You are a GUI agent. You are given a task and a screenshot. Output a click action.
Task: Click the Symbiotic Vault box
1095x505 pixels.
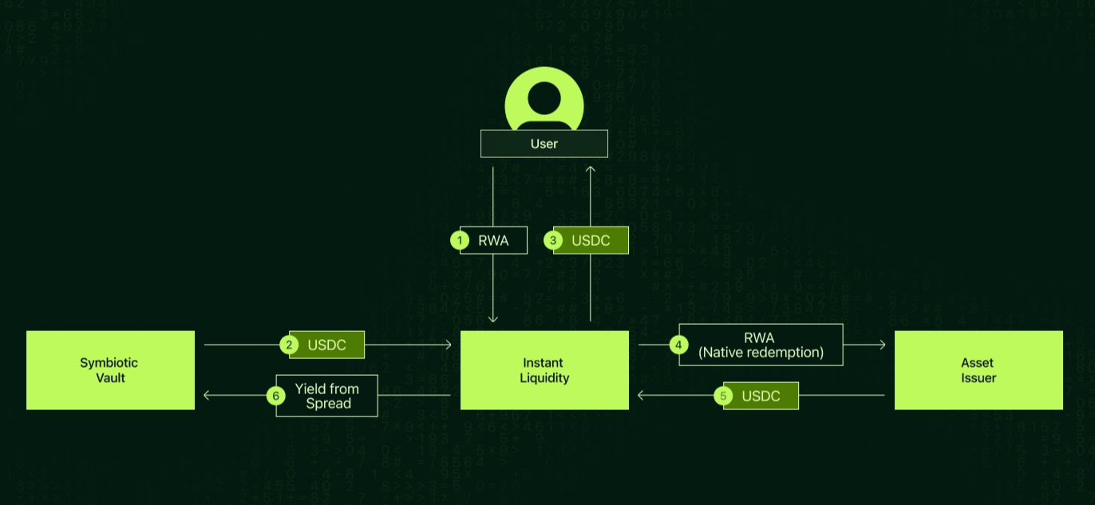(110, 370)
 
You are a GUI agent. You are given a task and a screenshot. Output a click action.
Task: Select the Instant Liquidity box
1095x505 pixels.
(544, 370)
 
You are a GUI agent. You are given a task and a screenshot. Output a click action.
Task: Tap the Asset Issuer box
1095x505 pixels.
(978, 370)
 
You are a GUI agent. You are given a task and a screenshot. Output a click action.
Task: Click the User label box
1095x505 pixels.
(544, 144)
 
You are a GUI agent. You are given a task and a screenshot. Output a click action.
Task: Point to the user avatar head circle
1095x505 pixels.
(544, 99)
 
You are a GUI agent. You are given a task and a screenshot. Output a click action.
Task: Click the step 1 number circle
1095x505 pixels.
(460, 240)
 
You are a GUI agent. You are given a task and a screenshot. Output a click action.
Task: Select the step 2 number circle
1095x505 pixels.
(289, 345)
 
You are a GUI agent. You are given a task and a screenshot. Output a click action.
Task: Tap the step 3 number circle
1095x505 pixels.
(553, 240)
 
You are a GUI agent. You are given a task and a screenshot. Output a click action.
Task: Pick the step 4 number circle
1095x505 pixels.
(678, 345)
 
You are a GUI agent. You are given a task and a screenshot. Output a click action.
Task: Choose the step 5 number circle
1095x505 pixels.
(723, 396)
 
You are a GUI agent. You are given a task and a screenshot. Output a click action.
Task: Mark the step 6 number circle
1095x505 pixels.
(275, 396)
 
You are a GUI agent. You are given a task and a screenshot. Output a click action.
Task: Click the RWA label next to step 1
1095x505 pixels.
(493, 240)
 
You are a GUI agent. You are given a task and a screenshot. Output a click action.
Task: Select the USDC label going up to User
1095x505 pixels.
(591, 240)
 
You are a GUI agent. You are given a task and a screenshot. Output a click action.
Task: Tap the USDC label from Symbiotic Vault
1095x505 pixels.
(326, 345)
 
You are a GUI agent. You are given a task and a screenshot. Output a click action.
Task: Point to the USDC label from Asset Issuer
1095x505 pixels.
(761, 396)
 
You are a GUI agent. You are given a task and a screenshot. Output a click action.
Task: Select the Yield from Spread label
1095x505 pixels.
(326, 396)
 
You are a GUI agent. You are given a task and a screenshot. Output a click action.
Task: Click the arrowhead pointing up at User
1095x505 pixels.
(591, 169)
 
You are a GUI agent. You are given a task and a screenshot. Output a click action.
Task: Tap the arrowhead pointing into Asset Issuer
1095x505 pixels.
(883, 345)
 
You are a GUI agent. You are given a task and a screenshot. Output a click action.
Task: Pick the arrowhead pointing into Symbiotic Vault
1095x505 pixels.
(207, 395)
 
